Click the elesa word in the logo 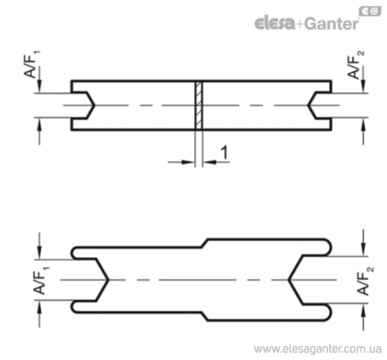click(275, 23)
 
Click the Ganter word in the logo click(331, 24)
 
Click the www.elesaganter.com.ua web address click(318, 349)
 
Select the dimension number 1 click(224, 153)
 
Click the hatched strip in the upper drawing click(199, 105)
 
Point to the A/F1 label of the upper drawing click(32, 64)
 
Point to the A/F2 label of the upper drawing click(355, 65)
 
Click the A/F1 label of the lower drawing click(41, 280)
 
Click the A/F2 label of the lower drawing click(365, 280)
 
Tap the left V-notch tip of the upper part click(94, 105)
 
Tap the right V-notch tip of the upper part click(308, 105)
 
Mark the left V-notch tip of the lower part click(108, 280)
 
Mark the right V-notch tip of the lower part click(289, 280)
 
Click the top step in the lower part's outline click(205, 243)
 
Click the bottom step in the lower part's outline click(205, 316)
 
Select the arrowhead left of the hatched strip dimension click(188, 162)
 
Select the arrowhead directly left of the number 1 click(210, 162)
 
